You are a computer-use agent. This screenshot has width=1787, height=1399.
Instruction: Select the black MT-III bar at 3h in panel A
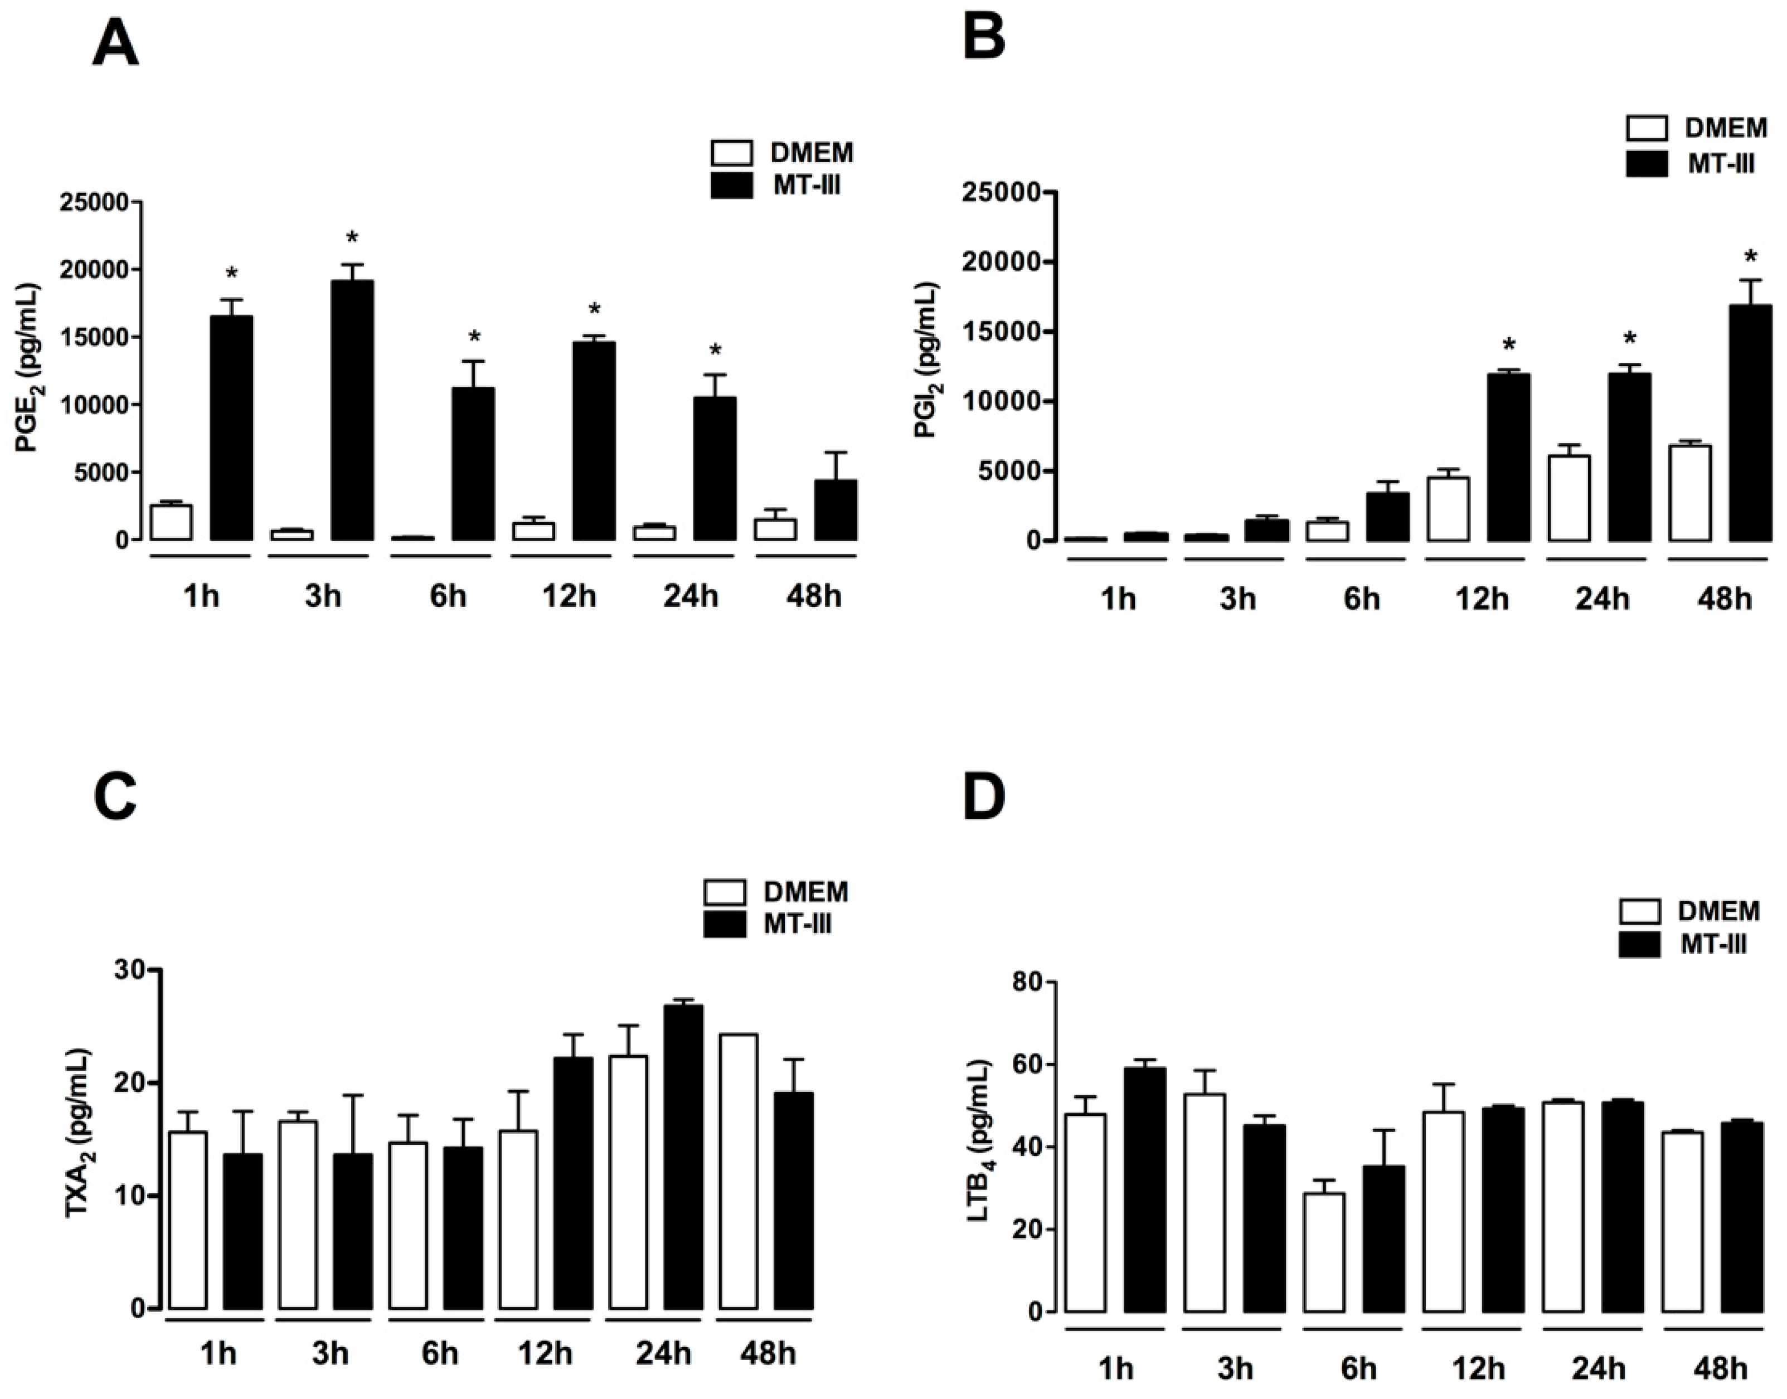coord(352,410)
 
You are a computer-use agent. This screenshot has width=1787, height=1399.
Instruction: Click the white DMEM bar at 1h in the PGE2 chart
coord(171,523)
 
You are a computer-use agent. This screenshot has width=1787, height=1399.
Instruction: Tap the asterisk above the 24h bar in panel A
coord(715,351)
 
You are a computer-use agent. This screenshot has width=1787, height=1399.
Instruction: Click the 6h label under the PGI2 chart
coord(1361,599)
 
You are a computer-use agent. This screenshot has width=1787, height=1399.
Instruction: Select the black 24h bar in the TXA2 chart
coord(683,1157)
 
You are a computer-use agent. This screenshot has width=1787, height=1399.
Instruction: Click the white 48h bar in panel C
coord(738,1171)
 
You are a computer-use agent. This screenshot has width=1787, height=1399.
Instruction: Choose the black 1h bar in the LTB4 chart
coord(1144,1189)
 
